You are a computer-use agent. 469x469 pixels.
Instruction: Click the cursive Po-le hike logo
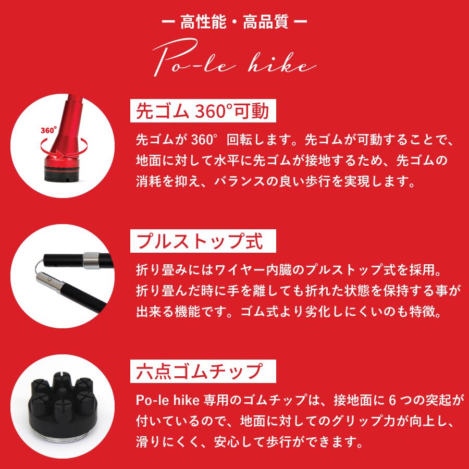click(x=234, y=61)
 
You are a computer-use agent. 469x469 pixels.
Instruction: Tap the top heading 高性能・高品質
click(x=234, y=23)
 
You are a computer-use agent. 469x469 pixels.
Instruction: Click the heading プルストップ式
click(x=198, y=241)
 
